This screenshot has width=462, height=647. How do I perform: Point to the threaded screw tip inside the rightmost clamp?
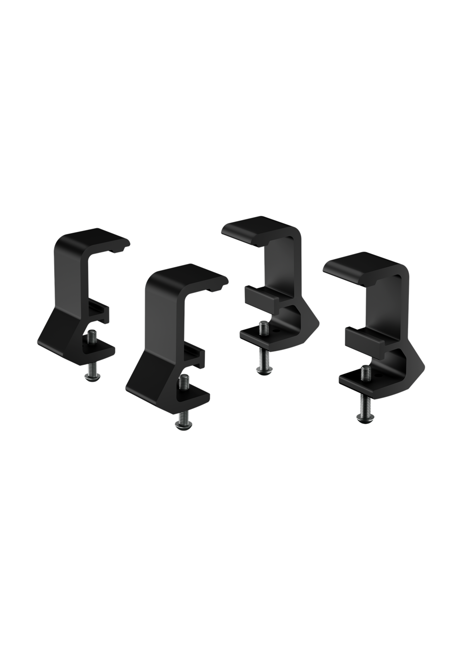coord(365,373)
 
